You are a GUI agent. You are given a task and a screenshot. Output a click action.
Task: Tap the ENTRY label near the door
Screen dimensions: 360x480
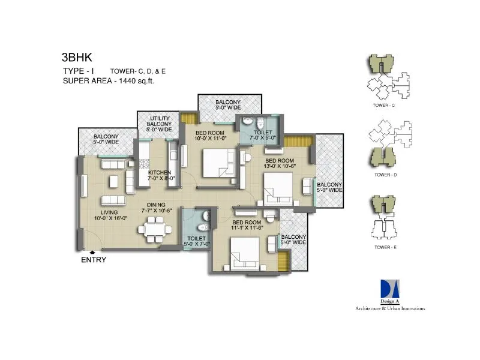point(94,260)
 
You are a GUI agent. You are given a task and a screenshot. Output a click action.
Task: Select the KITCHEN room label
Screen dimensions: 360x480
point(160,173)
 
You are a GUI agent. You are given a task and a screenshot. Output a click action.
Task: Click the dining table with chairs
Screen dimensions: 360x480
point(154,230)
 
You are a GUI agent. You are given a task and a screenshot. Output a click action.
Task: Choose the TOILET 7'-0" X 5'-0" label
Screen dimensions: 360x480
point(262,135)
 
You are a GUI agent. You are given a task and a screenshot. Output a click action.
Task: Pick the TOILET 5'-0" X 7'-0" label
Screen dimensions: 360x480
point(197,241)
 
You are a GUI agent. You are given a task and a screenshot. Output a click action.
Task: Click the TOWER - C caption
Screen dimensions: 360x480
point(383,106)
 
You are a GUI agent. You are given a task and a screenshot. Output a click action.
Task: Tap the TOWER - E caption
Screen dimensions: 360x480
point(383,246)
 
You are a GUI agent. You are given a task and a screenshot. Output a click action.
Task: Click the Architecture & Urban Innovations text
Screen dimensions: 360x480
point(389,308)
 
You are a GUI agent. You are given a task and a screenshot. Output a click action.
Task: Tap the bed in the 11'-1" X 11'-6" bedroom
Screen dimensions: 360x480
point(244,252)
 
